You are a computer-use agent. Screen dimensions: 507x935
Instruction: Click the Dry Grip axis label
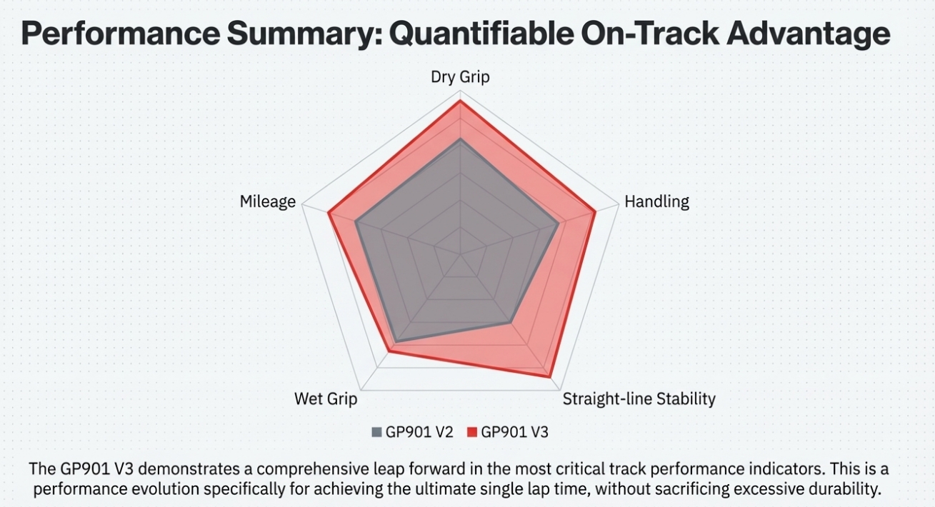460,77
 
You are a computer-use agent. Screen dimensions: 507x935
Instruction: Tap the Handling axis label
656,202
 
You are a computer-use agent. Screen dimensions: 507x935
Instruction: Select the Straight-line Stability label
639,399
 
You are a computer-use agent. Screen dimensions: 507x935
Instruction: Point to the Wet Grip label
326,399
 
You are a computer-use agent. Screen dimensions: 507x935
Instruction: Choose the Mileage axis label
268,202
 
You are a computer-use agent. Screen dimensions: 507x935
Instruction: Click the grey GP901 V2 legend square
377,432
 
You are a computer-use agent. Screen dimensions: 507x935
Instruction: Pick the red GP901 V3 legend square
471,432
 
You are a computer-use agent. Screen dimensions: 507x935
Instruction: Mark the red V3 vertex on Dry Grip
460,101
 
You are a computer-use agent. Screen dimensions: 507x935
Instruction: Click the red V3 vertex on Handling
595,211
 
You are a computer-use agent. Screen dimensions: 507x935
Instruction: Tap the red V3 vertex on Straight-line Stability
549,376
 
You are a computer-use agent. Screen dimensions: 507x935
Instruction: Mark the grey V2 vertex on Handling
558,224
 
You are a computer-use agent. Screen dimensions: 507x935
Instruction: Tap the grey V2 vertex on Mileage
356,221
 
